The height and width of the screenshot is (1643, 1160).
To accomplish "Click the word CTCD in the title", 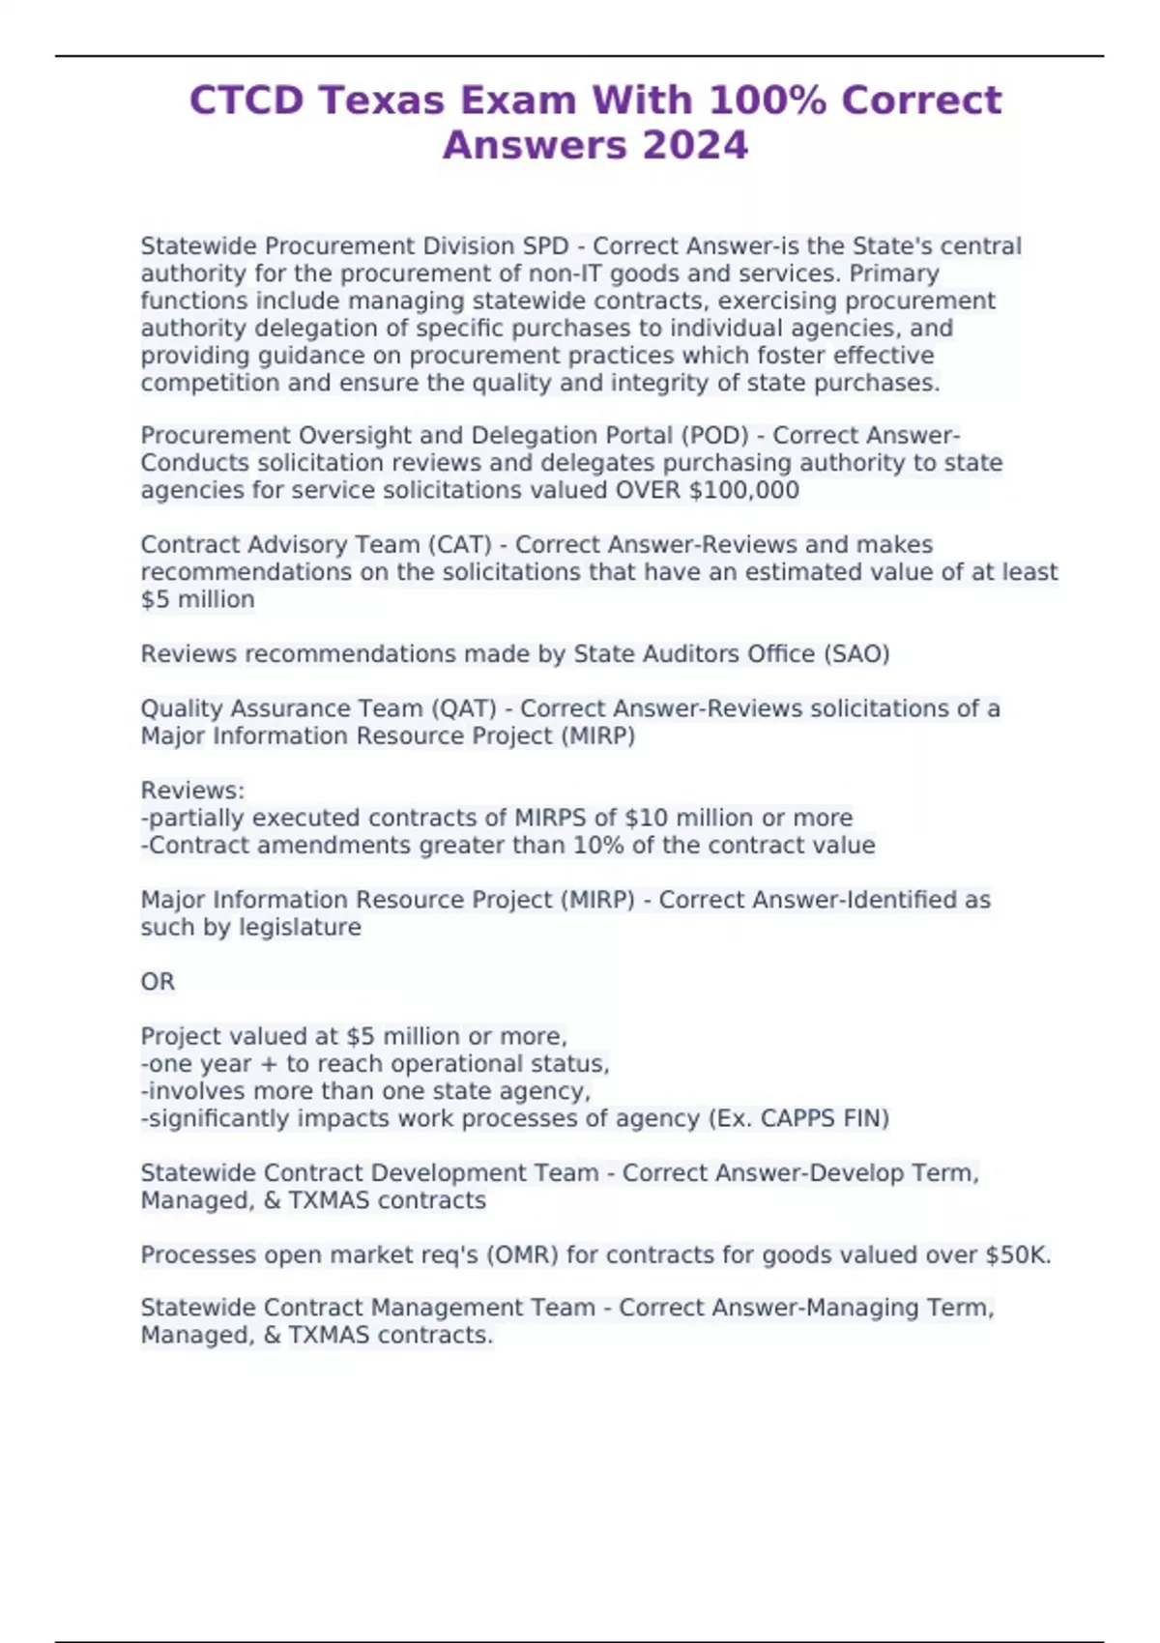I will pyautogui.click(x=246, y=101).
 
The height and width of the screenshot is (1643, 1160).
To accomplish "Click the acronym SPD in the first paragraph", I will pyautogui.click(x=545, y=246).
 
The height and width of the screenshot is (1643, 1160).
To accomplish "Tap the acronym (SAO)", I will pyautogui.click(x=855, y=654).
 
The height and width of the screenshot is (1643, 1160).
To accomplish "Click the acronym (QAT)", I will pyautogui.click(x=465, y=708).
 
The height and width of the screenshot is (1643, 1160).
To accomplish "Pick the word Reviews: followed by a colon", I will pyautogui.click(x=192, y=791).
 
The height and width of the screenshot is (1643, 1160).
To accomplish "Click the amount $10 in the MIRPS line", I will pyautogui.click(x=646, y=818).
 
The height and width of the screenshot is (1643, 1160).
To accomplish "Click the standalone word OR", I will pyautogui.click(x=158, y=982).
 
